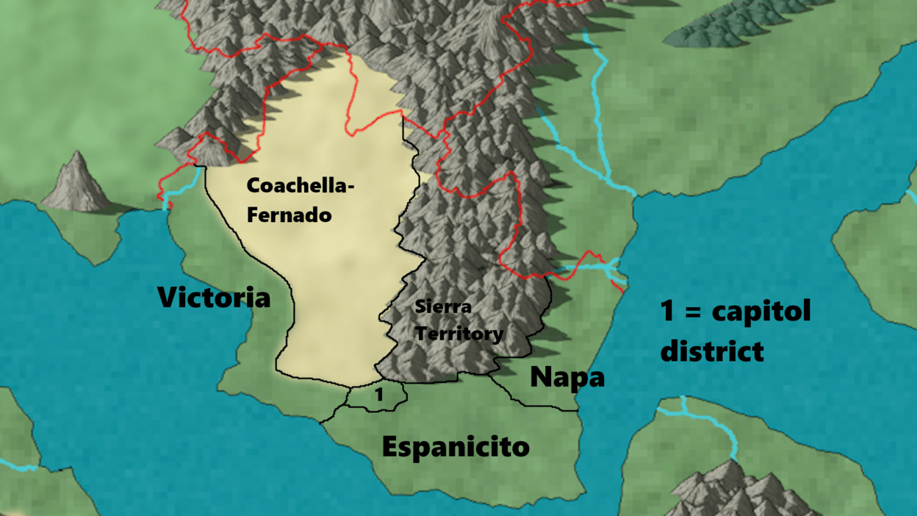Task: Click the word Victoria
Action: (x=214, y=298)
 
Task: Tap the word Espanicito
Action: (x=456, y=446)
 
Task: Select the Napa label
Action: (x=567, y=377)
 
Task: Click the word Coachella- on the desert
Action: (x=301, y=186)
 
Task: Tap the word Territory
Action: (x=459, y=334)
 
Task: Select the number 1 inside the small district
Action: (x=379, y=395)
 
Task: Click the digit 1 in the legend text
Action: (x=667, y=311)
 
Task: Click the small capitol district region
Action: (x=376, y=398)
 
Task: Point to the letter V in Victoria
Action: (x=168, y=298)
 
